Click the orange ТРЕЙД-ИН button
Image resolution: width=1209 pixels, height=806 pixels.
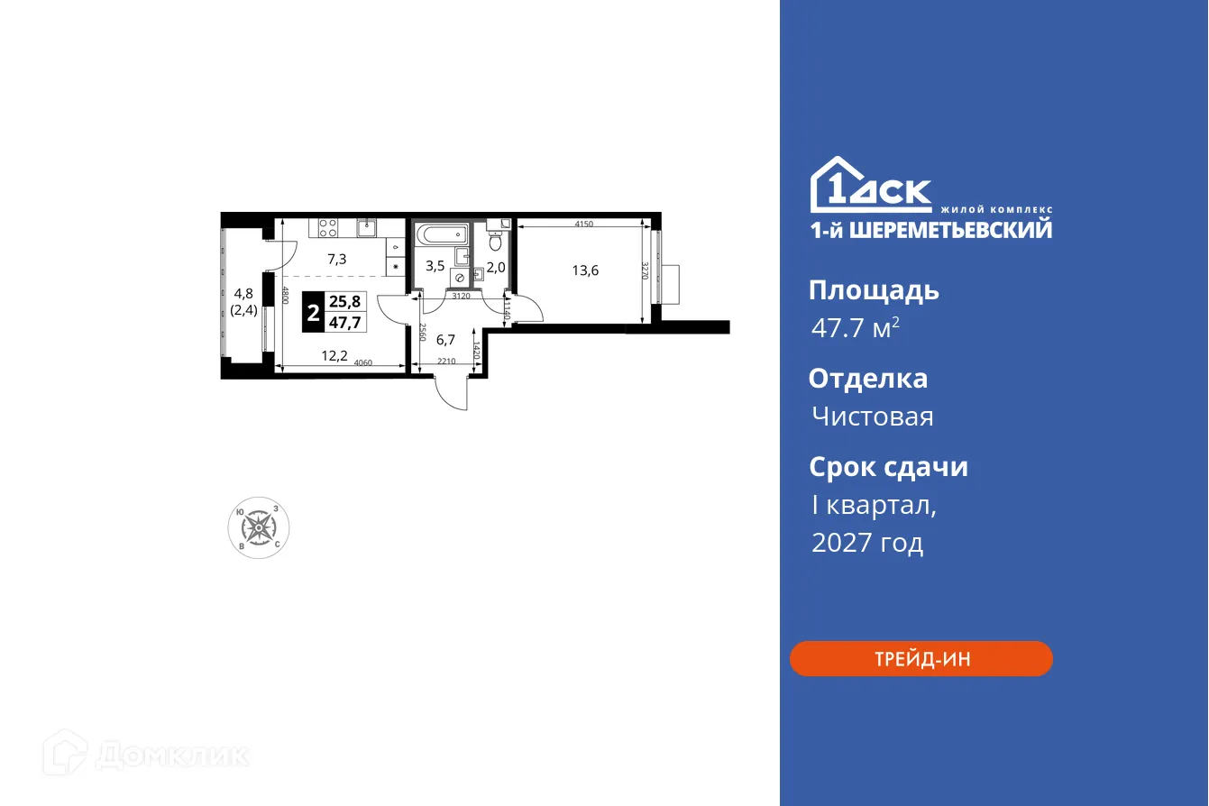coord(920,659)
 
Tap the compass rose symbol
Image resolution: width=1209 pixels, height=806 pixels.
coord(258,527)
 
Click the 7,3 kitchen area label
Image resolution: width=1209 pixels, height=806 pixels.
coord(337,259)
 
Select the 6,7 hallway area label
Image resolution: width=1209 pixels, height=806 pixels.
coord(445,339)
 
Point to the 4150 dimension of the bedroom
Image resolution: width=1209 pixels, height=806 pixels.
coord(582,224)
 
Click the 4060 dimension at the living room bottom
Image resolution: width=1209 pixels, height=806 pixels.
coord(363,363)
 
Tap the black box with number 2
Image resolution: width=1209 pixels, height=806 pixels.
coord(312,313)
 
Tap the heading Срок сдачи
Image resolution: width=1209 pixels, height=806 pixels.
coord(888,467)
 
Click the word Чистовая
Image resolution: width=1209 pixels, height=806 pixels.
coord(872,417)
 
